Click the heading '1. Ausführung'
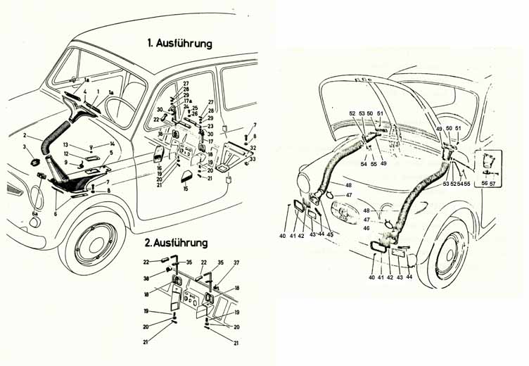click(179, 43)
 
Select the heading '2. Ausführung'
click(176, 243)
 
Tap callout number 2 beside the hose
click(25, 135)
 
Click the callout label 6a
click(36, 213)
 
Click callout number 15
click(186, 189)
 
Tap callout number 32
click(253, 149)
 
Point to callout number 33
click(253, 160)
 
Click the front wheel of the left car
click(91, 243)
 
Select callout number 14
click(112, 144)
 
